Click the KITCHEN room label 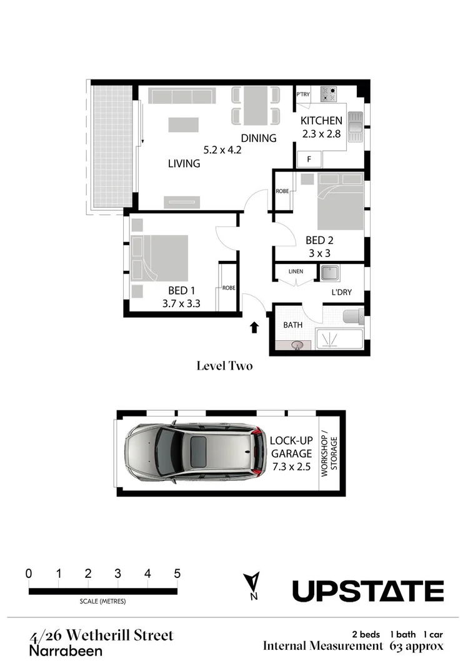(x=321, y=121)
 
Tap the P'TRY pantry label (x=303, y=94)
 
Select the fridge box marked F (x=309, y=159)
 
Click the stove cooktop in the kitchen (x=329, y=94)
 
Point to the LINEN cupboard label (x=296, y=272)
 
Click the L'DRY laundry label (x=342, y=292)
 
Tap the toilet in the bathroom (x=353, y=315)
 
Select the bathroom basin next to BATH (x=299, y=344)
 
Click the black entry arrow (x=254, y=327)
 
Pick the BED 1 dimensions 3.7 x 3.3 (x=181, y=304)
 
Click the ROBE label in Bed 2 (x=282, y=191)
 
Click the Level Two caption (x=224, y=366)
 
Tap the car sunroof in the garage (x=199, y=452)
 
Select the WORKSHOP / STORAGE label (x=329, y=454)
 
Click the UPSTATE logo (x=368, y=590)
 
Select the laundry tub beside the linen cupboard (x=329, y=273)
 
